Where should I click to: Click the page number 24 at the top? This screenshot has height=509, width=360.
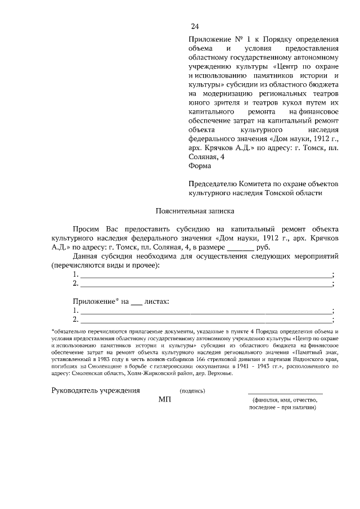pos(195,26)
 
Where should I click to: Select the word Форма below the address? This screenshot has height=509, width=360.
pos(200,166)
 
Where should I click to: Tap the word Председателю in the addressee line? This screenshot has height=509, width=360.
pos(214,183)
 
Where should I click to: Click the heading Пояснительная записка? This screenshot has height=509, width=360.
pos(194,211)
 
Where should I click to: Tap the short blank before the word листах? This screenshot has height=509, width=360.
pos(136,301)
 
